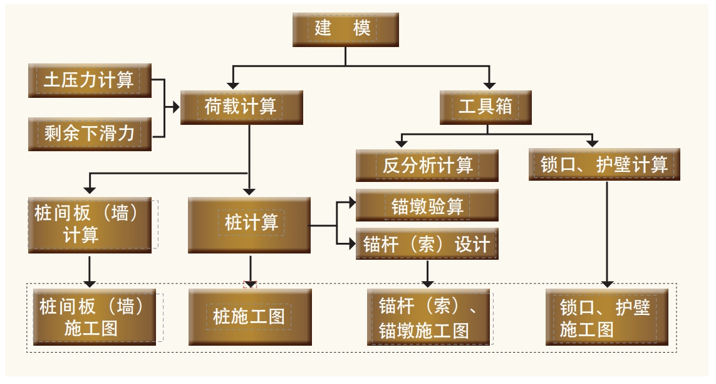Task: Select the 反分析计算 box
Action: point(427,165)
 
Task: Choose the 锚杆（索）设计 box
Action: point(427,243)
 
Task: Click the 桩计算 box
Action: point(251,223)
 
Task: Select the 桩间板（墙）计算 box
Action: point(90,223)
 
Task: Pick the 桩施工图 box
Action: point(251,316)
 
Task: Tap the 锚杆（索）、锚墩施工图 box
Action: point(427,317)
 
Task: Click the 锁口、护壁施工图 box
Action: point(604,317)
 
